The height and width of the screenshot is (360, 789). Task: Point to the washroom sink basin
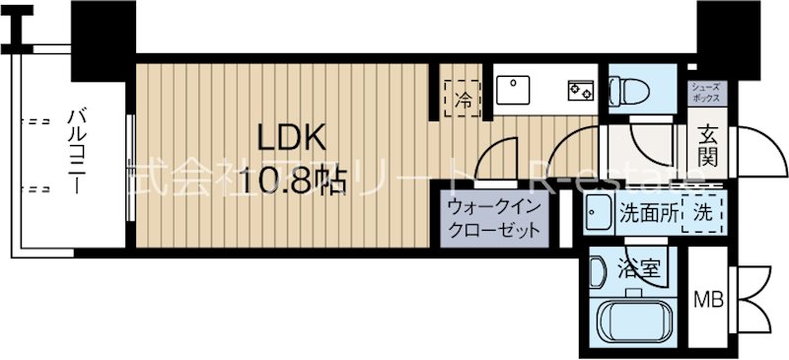(596, 212)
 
